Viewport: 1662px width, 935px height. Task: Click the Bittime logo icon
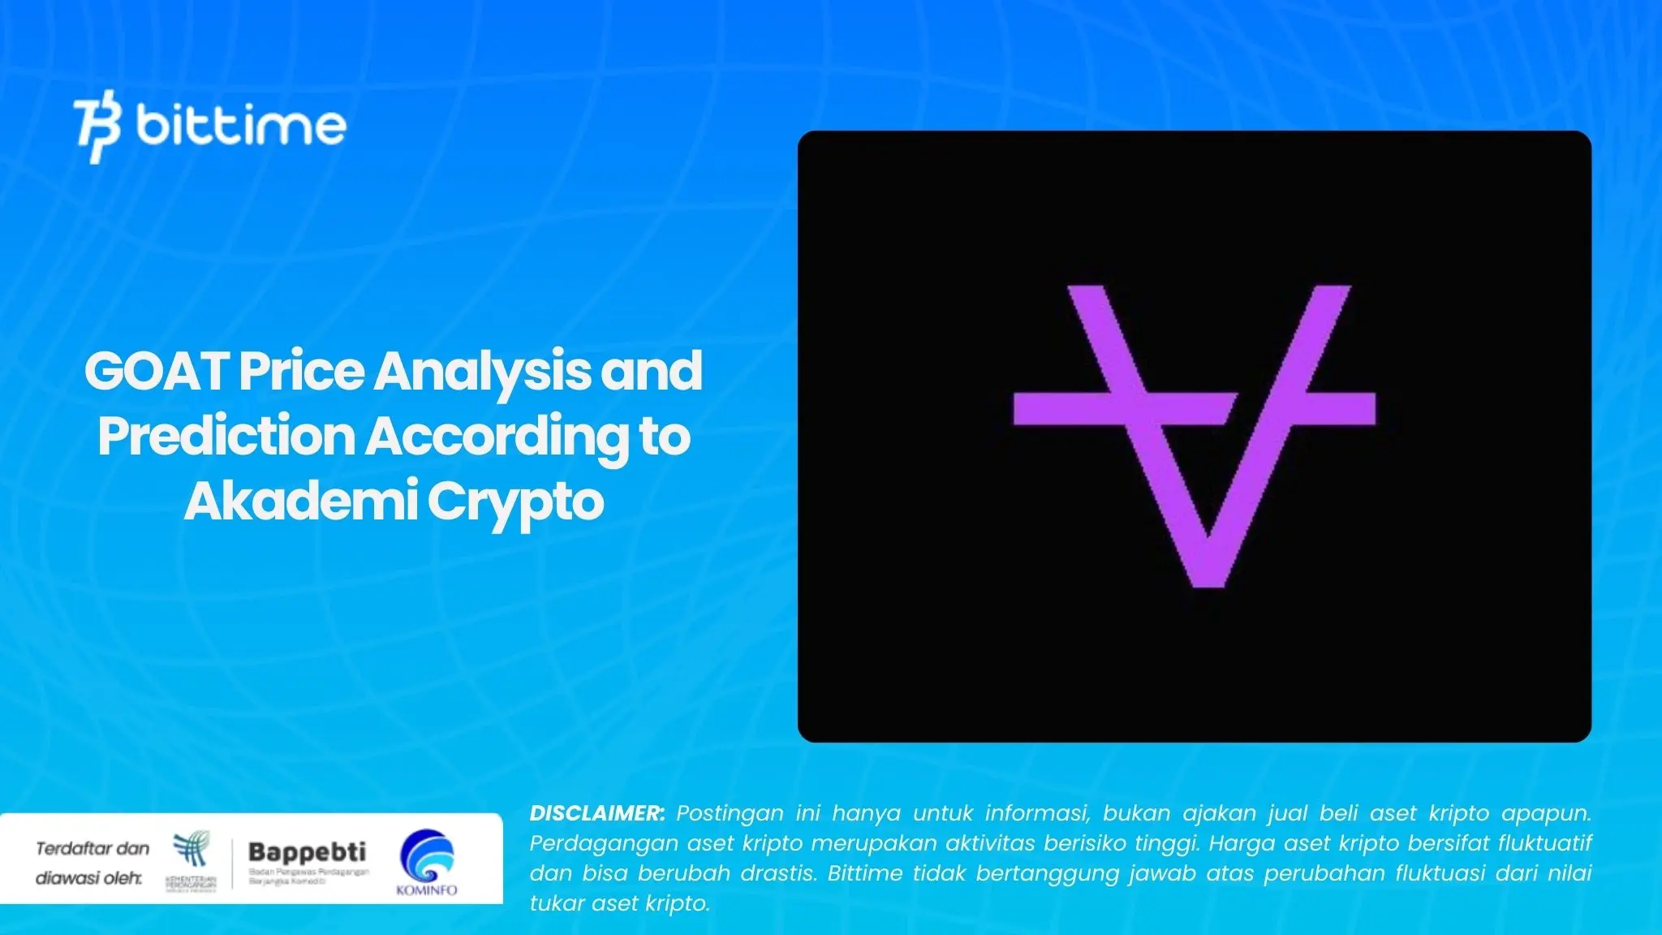pos(97,126)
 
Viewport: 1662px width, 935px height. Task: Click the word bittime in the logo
pos(241,126)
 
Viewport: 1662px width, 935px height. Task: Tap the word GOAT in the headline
pos(157,371)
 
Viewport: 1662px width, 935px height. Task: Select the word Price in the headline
pos(301,371)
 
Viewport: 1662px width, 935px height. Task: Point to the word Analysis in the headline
pos(482,371)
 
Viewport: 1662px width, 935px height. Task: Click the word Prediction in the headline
pos(226,436)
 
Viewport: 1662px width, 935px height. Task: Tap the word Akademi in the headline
pos(301,501)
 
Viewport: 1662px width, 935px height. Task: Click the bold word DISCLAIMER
pos(597,813)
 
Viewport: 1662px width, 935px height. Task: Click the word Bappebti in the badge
pos(307,851)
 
